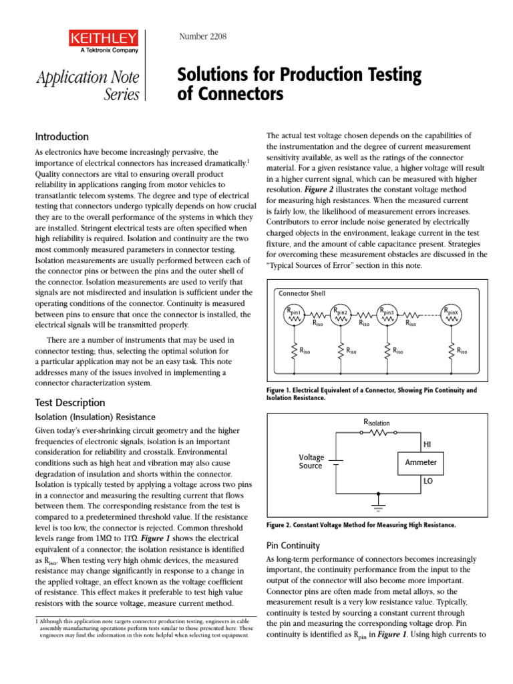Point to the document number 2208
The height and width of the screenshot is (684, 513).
tap(203, 36)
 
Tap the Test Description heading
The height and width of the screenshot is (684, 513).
tap(69, 402)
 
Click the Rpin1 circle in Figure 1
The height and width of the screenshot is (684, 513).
tap(295, 314)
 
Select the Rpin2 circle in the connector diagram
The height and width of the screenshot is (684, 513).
tap(341, 314)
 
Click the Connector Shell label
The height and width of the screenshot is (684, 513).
tap(301, 293)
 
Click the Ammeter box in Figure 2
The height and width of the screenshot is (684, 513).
tap(421, 462)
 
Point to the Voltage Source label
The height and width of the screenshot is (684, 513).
tap(311, 462)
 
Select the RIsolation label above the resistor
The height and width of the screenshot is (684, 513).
tap(376, 422)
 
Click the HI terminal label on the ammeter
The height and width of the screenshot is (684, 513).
tap(428, 444)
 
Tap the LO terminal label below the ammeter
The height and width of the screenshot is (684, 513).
tap(428, 480)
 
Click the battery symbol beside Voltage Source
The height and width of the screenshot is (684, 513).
tap(337, 462)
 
